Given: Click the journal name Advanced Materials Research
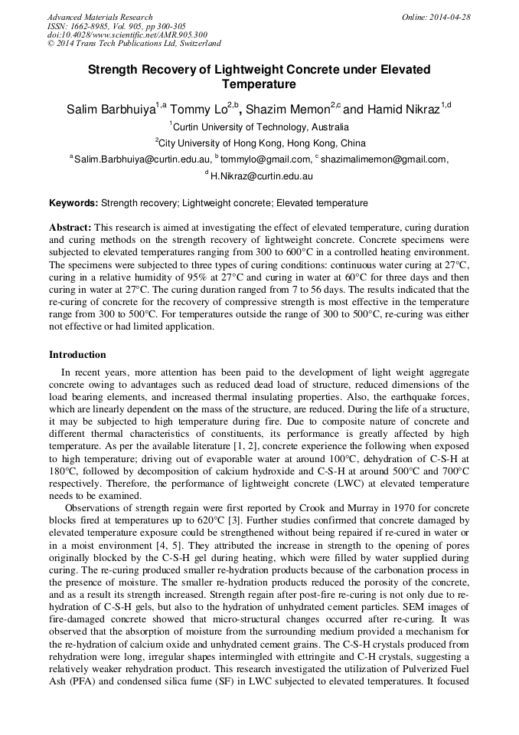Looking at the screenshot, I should (100, 17).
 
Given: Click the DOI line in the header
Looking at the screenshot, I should (127, 35).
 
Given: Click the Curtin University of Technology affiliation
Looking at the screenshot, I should (261, 127).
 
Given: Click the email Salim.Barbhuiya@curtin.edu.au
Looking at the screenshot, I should (142, 159).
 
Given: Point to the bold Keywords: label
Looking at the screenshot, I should (73, 203).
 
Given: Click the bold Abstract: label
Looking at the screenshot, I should (70, 228).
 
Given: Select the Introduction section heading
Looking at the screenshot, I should (77, 355).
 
